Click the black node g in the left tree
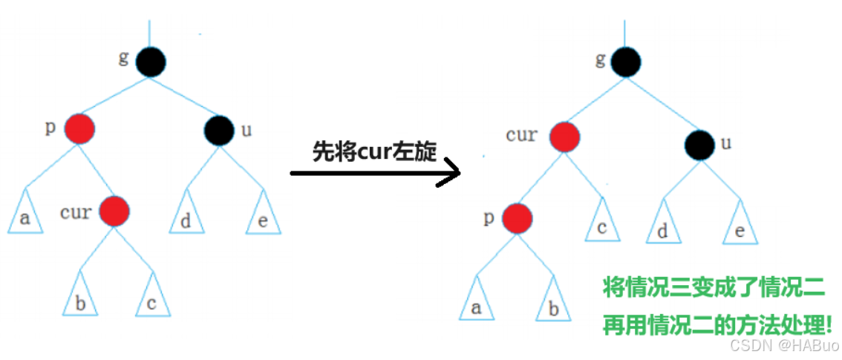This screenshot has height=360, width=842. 151,62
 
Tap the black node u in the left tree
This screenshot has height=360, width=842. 220,130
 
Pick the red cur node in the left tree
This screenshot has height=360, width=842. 114,212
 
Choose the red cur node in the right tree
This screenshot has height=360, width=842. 565,137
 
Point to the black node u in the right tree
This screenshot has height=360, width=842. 700,144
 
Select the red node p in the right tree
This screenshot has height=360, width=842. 517,218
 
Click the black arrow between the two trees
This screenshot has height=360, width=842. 375,174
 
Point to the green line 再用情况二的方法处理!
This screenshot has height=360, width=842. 717,324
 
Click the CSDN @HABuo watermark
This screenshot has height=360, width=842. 783,346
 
